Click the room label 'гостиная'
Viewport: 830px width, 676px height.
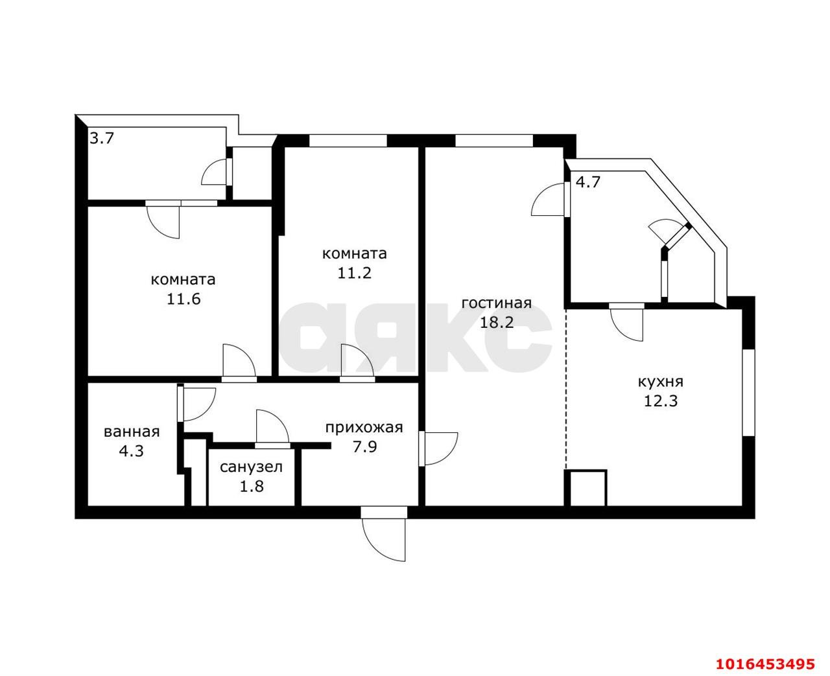[497, 303]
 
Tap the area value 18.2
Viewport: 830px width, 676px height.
[497, 322]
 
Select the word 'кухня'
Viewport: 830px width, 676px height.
[661, 382]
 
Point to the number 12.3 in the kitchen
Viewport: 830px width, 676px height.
[661, 401]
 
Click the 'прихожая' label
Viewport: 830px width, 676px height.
[364, 428]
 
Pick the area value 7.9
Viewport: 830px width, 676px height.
[364, 447]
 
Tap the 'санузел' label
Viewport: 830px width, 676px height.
[251, 467]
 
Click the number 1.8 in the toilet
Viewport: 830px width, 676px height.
[252, 486]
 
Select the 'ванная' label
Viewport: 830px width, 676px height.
[132, 432]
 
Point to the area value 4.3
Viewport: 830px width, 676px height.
[132, 451]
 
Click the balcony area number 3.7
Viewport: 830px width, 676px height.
[101, 138]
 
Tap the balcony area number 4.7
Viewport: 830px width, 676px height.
[587, 182]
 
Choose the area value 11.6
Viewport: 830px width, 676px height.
[184, 299]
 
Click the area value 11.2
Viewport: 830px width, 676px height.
[354, 273]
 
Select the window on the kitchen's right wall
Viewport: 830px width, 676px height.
[748, 393]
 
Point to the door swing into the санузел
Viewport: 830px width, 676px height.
[272, 426]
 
